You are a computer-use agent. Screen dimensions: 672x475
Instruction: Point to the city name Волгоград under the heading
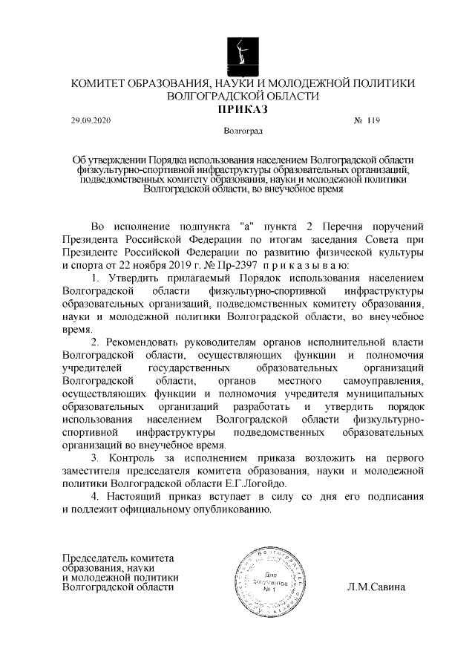coord(242,131)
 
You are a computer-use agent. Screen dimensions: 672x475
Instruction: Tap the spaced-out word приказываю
coord(326,265)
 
